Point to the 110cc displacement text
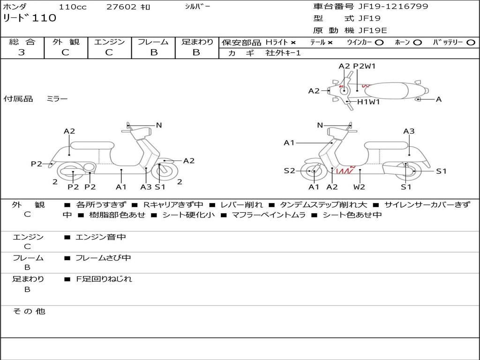[73, 7]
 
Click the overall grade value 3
[22, 52]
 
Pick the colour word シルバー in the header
[197, 6]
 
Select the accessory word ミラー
[57, 98]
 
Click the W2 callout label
[359, 187]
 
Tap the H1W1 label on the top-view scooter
[368, 102]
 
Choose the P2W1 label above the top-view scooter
[364, 66]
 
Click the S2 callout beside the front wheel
[289, 171]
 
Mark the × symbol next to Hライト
[293, 43]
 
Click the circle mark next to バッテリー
[471, 43]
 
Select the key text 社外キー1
[283, 53]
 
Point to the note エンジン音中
[101, 237]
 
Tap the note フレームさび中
[103, 258]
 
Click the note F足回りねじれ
[104, 279]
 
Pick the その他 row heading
[29, 311]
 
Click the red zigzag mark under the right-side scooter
[346, 170]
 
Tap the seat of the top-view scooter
[386, 90]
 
